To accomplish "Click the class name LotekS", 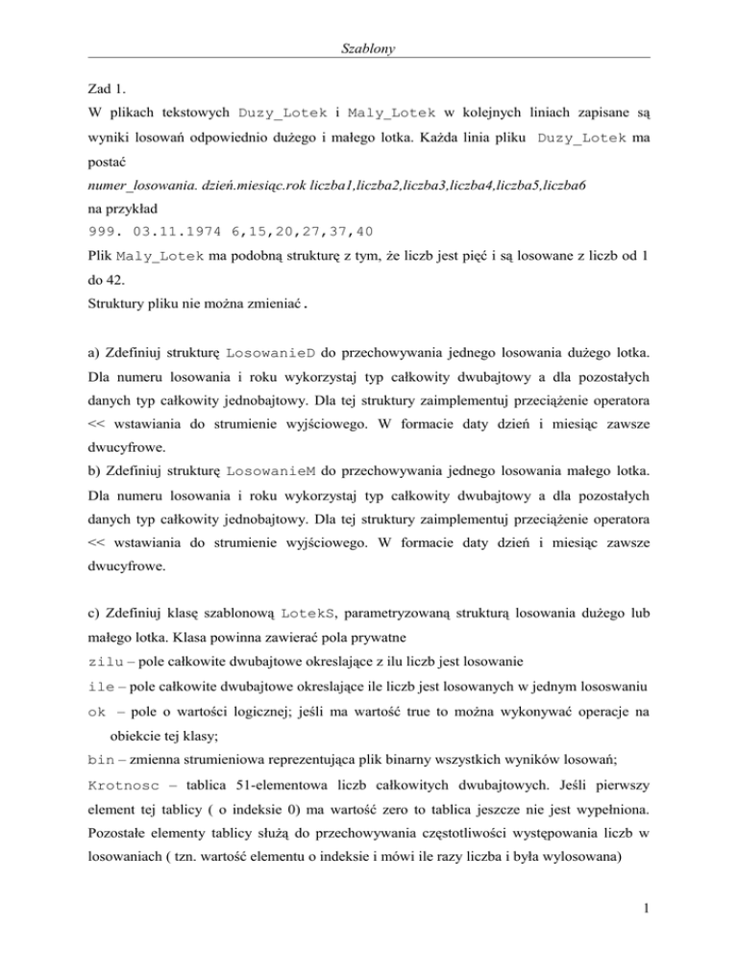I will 307,597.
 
